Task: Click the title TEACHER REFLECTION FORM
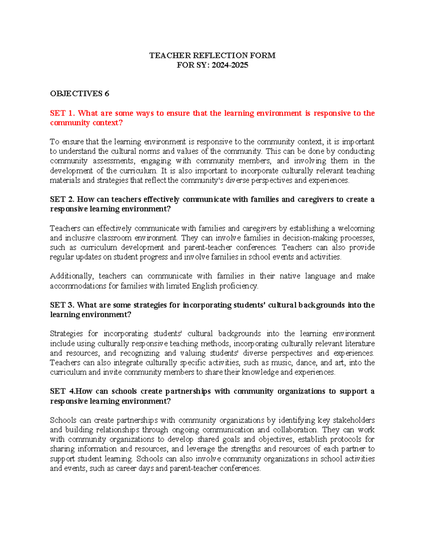point(212,55)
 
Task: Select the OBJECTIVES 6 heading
point(79,94)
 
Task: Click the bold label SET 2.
point(62,199)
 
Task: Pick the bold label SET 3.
point(62,305)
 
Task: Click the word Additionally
point(71,276)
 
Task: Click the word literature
point(360,343)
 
